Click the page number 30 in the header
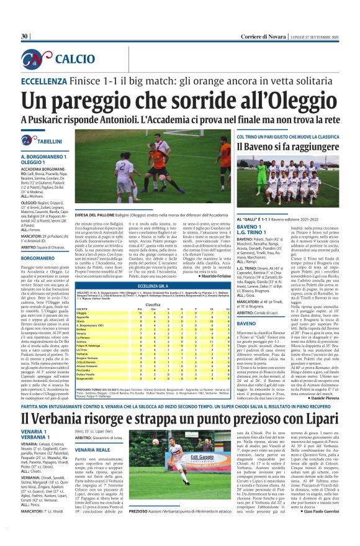(24, 36)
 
